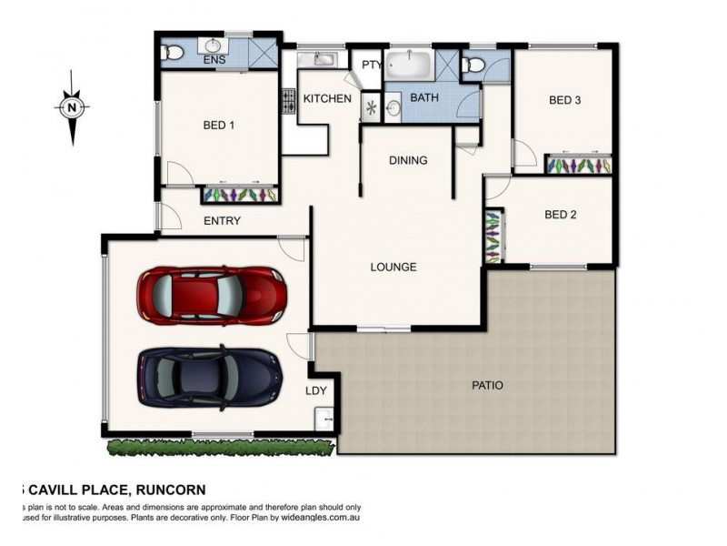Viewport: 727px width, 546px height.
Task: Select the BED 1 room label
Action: tap(219, 126)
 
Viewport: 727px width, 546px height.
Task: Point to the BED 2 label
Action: tap(561, 215)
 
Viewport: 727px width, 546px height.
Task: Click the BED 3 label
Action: tap(564, 100)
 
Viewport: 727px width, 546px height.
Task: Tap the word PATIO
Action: tap(487, 385)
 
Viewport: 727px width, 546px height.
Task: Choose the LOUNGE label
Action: tap(393, 267)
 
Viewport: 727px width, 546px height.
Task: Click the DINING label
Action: tap(408, 160)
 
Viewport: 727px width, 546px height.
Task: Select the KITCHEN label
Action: tap(327, 97)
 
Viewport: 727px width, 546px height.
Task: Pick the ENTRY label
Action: tap(222, 220)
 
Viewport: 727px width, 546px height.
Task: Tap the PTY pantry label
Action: tap(371, 65)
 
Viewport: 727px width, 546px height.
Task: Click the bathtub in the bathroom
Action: tap(411, 67)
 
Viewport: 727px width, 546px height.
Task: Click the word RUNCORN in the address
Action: tap(173, 489)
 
